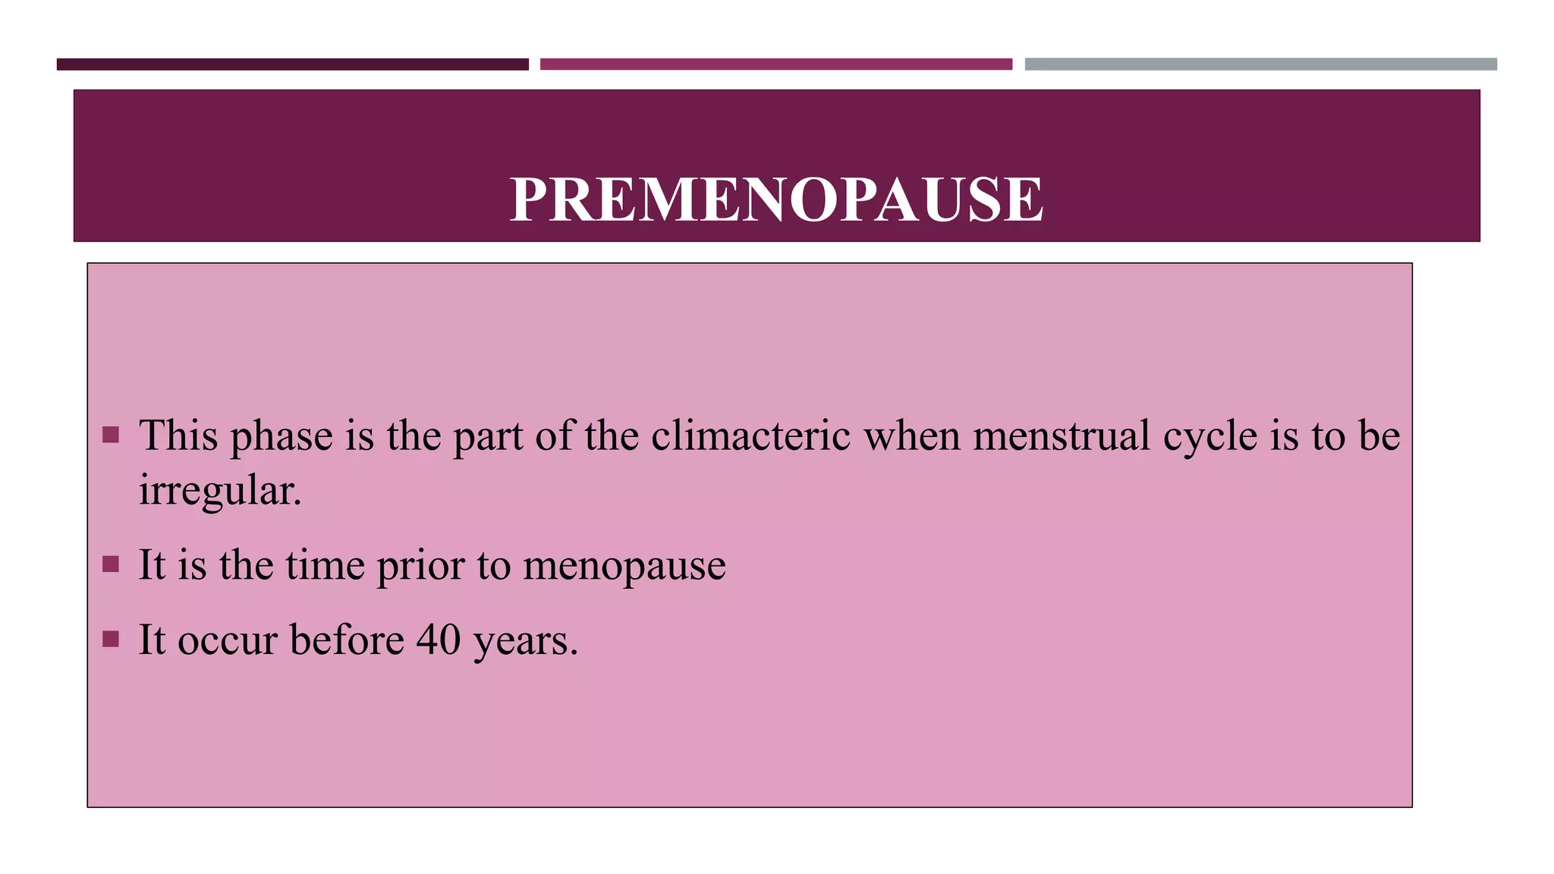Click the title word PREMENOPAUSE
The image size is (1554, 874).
coord(776,199)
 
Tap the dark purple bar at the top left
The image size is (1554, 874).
coord(292,64)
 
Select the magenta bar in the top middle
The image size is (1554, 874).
coord(775,64)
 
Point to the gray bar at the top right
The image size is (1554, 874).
coord(1260,64)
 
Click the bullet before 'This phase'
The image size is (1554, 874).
coord(111,435)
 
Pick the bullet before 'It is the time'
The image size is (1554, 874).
coord(111,564)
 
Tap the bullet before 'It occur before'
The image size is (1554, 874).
coord(111,639)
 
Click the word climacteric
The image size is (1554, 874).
coord(750,436)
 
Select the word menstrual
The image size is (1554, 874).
coord(1062,436)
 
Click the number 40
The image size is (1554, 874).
coord(439,640)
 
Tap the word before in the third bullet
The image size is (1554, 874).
coord(347,640)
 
